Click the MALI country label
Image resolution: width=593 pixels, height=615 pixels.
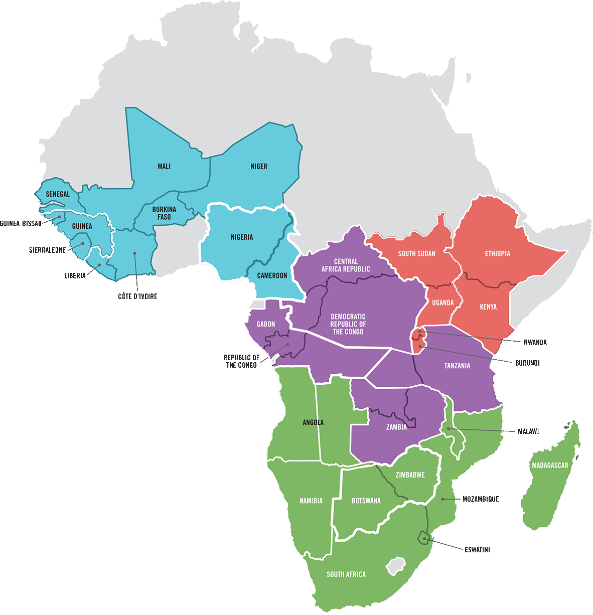164,167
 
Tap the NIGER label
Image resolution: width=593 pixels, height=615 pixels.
259,167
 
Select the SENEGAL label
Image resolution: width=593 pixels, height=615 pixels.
58,194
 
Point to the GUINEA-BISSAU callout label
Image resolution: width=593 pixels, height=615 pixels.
21,223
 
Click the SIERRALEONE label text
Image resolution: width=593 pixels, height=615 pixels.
48,250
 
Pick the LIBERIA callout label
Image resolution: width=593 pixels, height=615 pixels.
75,276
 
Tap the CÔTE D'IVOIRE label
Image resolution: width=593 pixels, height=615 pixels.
137,296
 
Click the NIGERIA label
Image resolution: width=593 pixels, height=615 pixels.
242,237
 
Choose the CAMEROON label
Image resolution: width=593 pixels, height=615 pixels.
272,275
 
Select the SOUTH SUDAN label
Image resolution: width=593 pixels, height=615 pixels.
416,254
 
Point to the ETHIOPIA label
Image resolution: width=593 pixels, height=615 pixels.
497,254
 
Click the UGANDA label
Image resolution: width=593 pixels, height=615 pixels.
443,302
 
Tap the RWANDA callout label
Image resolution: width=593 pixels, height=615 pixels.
535,343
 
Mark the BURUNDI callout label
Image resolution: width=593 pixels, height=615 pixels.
527,363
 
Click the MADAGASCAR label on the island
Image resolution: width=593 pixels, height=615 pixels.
550,466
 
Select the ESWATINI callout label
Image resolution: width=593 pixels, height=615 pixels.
477,550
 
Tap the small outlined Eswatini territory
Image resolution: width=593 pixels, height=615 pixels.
424,538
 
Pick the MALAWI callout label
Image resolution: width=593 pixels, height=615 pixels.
528,431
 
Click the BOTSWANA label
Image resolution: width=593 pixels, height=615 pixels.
366,501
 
